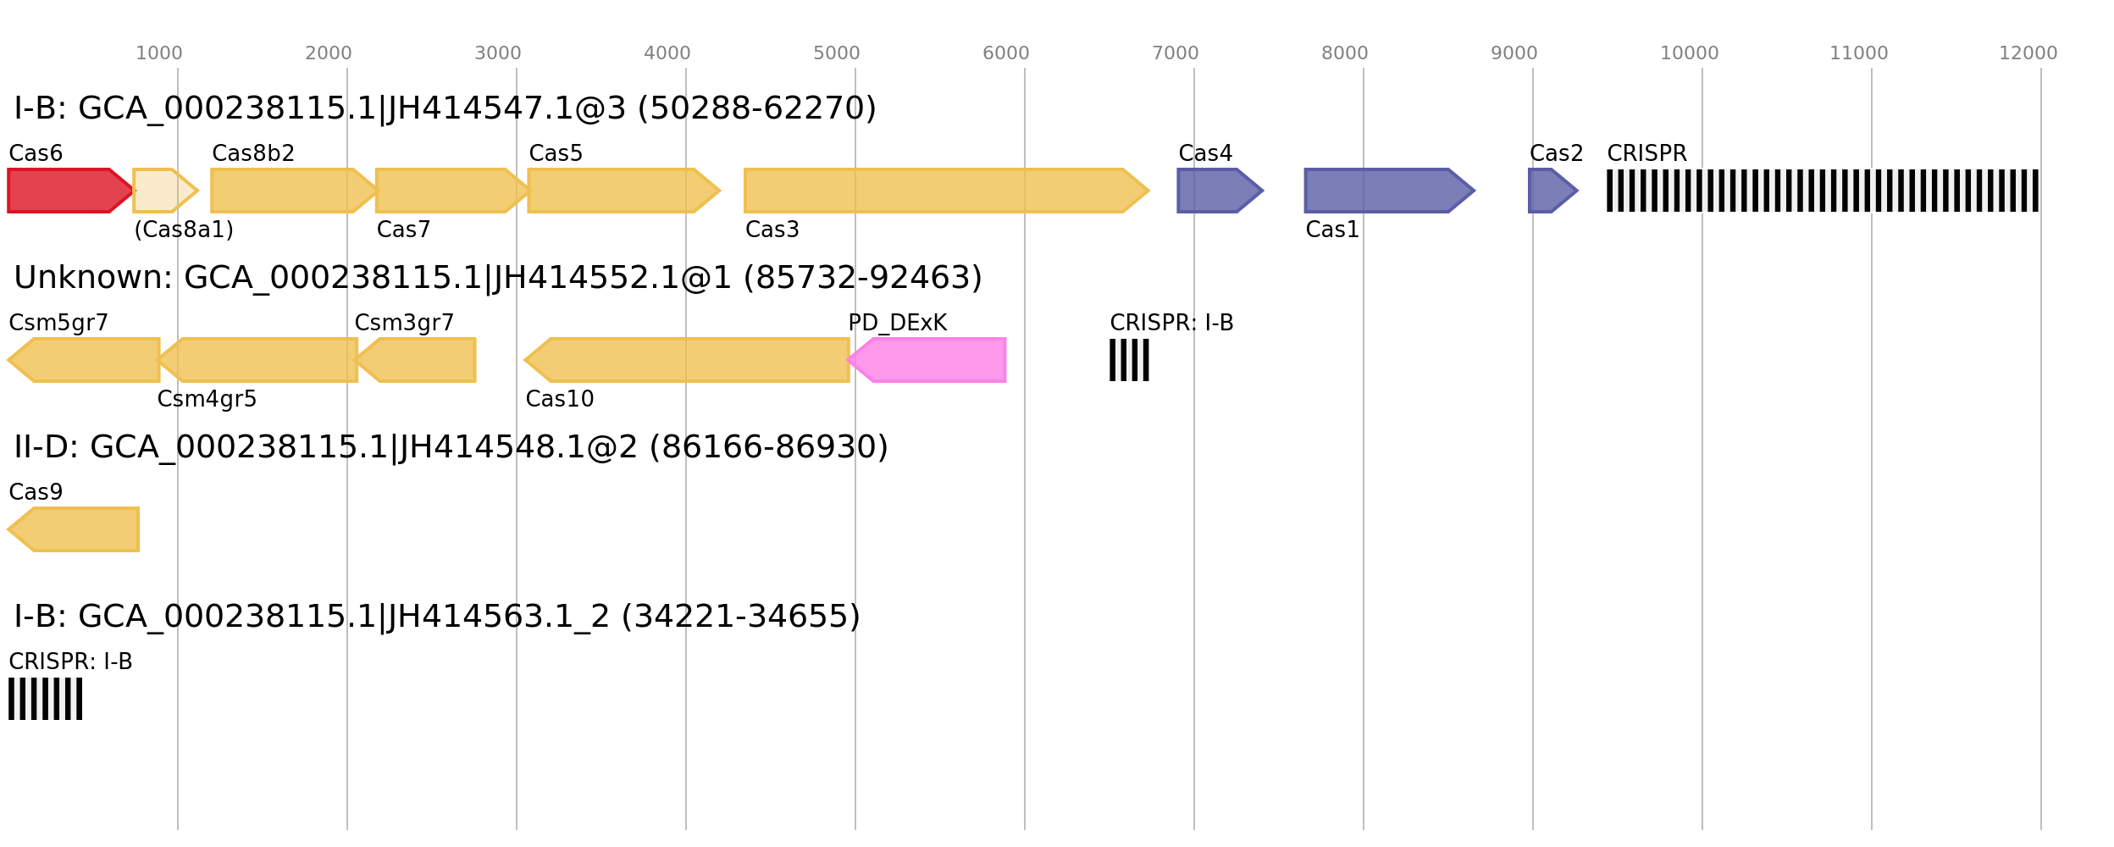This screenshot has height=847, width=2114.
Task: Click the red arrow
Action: click(x=68, y=191)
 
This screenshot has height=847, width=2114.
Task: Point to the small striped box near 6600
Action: click(x=1129, y=360)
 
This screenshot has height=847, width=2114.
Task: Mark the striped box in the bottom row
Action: click(x=45, y=699)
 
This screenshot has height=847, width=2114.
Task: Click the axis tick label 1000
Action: click(x=159, y=53)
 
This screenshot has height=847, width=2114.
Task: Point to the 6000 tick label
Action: click(x=1005, y=53)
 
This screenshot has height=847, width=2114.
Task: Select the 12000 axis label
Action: click(x=2028, y=53)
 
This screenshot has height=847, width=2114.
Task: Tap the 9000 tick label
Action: click(x=1514, y=53)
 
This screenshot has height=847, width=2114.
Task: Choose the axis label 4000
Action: click(x=667, y=53)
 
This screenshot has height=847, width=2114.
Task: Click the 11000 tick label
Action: click(x=1858, y=53)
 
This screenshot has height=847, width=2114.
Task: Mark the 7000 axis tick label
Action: click(x=1175, y=53)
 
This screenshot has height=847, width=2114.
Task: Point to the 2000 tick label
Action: click(x=328, y=53)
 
